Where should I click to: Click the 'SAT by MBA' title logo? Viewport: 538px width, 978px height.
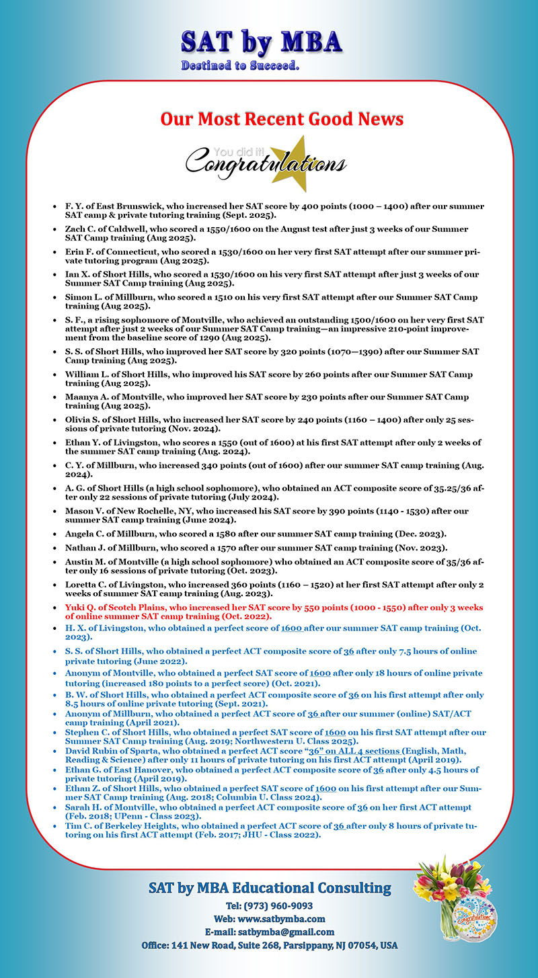tap(261, 42)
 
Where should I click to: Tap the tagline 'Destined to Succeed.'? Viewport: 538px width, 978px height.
tap(240, 66)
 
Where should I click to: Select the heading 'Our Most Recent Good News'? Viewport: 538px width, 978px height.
tap(282, 120)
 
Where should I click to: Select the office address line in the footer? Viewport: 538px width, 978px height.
tap(269, 945)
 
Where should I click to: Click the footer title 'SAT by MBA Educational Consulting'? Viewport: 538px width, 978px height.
tap(269, 889)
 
